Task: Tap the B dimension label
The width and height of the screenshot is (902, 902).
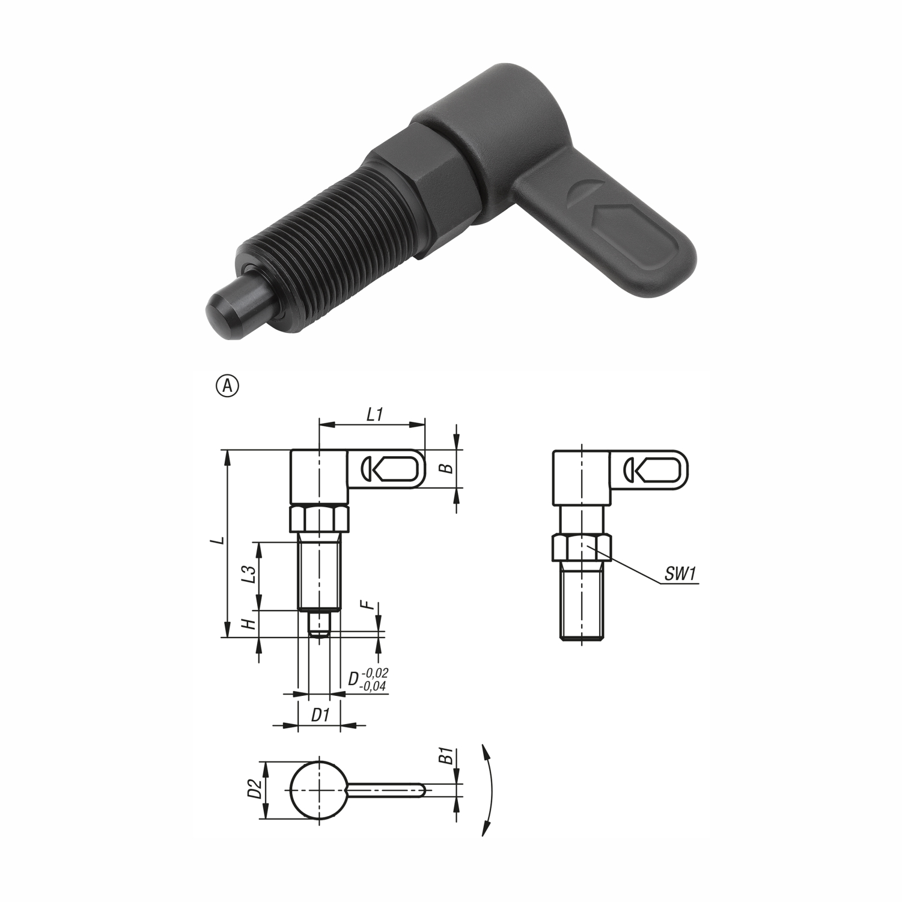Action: click(x=446, y=468)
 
